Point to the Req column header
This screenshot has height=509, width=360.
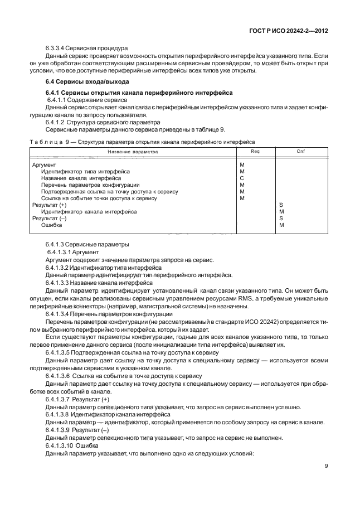[x=255, y=152]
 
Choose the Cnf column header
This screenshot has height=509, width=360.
[x=301, y=152]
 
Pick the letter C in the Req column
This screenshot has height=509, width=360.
[x=242, y=178]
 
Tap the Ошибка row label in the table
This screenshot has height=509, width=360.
[x=51, y=225]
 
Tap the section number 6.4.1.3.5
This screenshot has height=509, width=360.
[x=59, y=353]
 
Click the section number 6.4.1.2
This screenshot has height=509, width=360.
[x=57, y=121]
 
